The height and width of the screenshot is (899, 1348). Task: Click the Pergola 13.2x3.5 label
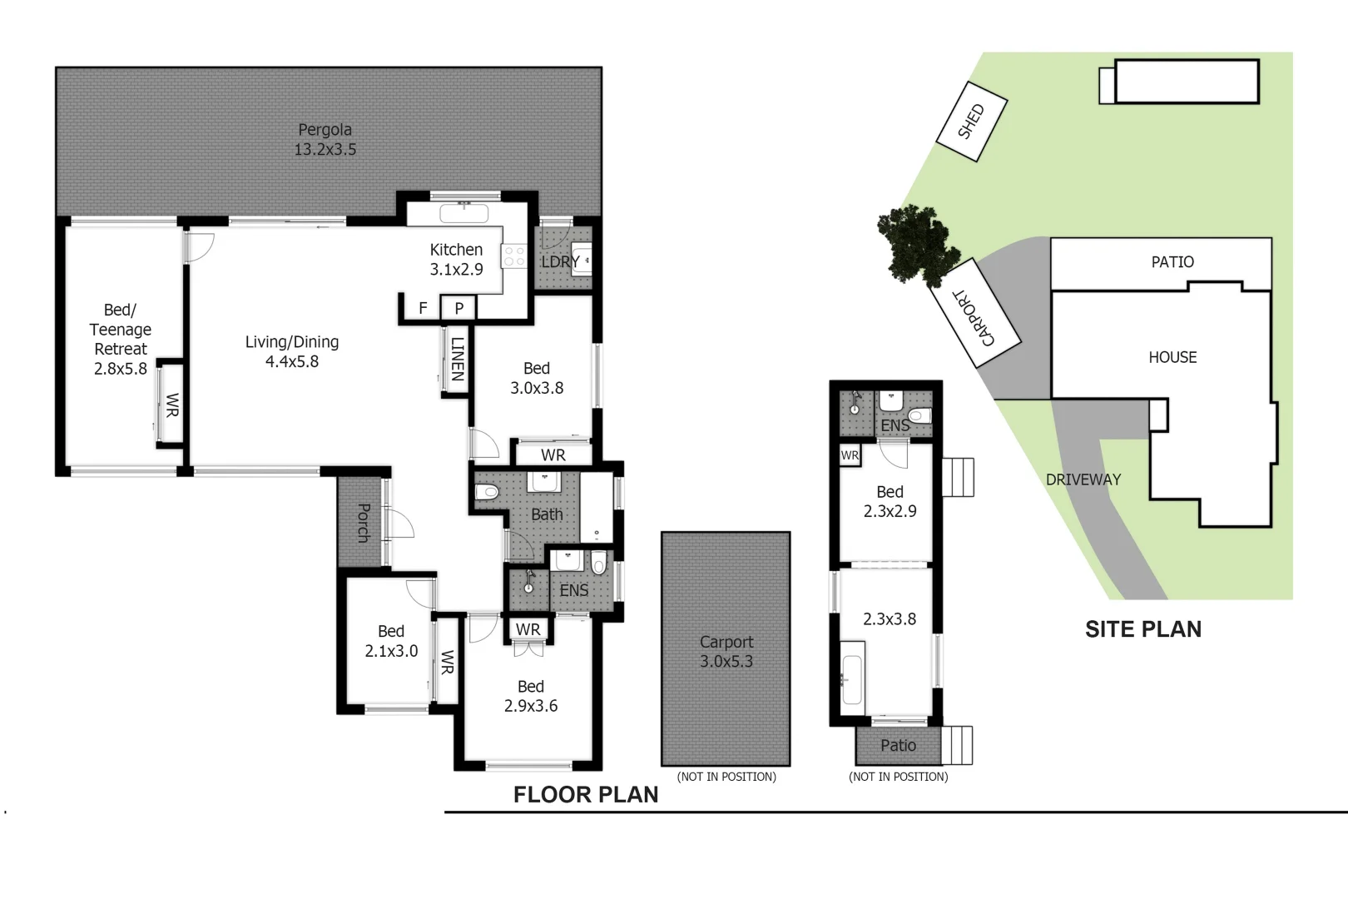pyautogui.click(x=325, y=140)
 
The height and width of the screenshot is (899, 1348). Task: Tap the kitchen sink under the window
pyautogui.click(x=463, y=212)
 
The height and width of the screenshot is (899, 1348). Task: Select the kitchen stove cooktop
pyautogui.click(x=514, y=256)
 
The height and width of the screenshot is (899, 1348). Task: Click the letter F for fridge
pyautogui.click(x=423, y=308)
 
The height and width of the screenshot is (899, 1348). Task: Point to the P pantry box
pyautogui.click(x=458, y=308)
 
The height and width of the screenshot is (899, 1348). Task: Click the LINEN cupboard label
pyautogui.click(x=457, y=358)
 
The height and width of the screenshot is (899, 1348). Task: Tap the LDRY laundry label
pyautogui.click(x=560, y=261)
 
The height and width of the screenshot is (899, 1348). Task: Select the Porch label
pyautogui.click(x=363, y=523)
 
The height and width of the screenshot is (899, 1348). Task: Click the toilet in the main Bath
pyautogui.click(x=487, y=492)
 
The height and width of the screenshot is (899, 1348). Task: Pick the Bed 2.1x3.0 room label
pyautogui.click(x=391, y=641)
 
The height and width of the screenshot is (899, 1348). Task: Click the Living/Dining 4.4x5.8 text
pyautogui.click(x=292, y=351)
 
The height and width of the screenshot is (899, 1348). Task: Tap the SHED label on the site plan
pyautogui.click(x=971, y=122)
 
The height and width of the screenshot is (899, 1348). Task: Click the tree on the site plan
pyautogui.click(x=916, y=245)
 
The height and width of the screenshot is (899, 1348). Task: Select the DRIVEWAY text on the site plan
pyautogui.click(x=1083, y=479)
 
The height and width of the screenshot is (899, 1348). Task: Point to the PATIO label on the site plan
pyautogui.click(x=1172, y=262)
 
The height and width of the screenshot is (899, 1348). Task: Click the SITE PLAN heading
pyautogui.click(x=1142, y=629)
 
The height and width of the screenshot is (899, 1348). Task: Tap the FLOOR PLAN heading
pyautogui.click(x=585, y=795)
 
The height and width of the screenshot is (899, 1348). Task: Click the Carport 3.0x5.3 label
pyautogui.click(x=726, y=652)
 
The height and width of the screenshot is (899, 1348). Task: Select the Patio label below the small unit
pyautogui.click(x=898, y=746)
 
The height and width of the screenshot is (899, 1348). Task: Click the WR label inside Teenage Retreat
pyautogui.click(x=171, y=405)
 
